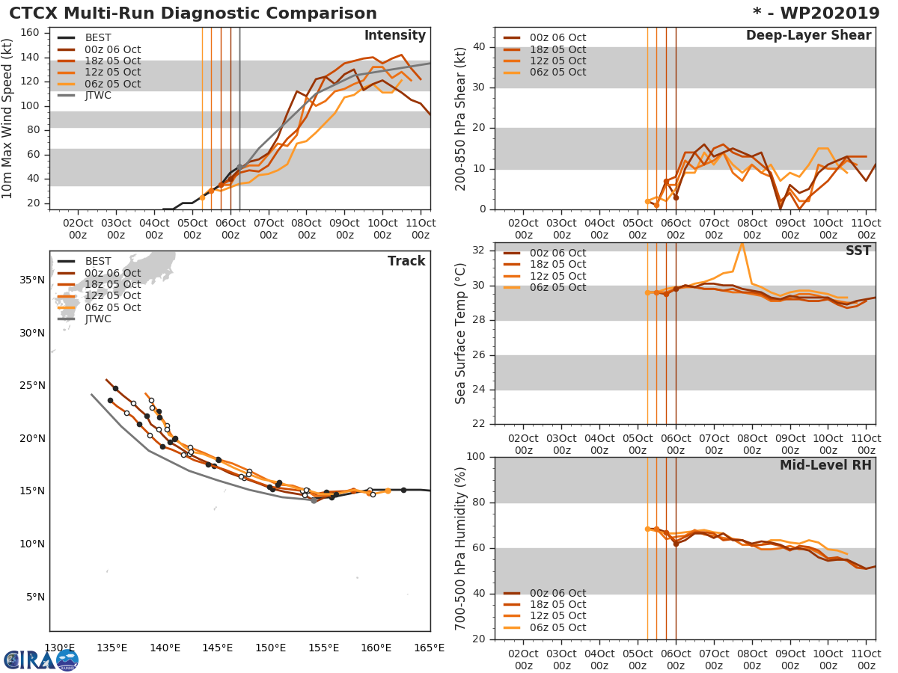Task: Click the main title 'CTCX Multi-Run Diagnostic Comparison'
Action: (193, 13)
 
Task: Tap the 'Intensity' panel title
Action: (394, 36)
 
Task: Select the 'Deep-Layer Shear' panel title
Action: (808, 36)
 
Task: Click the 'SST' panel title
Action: (858, 251)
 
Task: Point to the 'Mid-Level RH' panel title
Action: (825, 466)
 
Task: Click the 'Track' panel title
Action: (406, 262)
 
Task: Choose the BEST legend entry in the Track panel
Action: (97, 262)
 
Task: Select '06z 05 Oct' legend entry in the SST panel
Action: (558, 288)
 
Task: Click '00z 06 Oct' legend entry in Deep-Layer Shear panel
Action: (558, 38)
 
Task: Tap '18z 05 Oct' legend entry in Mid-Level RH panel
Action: (558, 605)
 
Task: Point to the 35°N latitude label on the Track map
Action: (33, 280)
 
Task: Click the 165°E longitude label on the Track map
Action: (430, 648)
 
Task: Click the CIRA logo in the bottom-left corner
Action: (41, 660)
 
